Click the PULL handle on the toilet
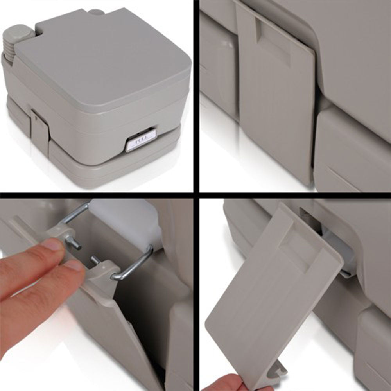141,140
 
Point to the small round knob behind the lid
96,12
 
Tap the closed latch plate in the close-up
278,106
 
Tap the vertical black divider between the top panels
196,96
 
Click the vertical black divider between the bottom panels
196,293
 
